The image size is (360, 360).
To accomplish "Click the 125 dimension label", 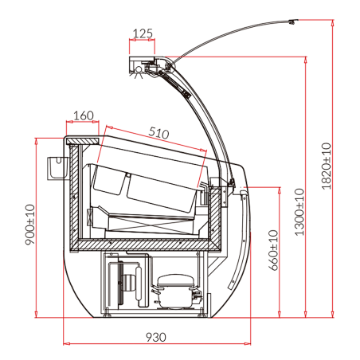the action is [x=143, y=33].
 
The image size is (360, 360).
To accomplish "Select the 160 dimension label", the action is [x=84, y=115].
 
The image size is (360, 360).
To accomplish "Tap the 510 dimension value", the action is [x=158, y=133].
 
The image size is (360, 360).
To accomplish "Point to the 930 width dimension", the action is [x=156, y=337].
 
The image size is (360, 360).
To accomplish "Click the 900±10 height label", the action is [x=30, y=225].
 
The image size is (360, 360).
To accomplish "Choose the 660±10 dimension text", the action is [x=274, y=250].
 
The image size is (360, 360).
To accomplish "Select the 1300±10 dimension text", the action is [x=299, y=212].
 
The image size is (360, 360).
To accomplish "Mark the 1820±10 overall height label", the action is [x=327, y=166].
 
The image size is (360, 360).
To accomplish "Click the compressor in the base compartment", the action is [x=176, y=291].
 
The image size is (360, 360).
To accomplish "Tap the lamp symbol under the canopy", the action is [x=139, y=71].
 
